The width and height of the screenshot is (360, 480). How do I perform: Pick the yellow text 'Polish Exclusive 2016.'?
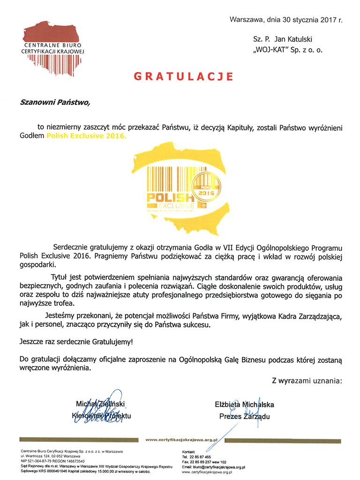click(86, 136)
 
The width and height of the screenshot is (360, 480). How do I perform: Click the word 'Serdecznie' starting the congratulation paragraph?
click(69, 247)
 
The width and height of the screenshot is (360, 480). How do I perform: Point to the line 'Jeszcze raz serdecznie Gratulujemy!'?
click(76, 342)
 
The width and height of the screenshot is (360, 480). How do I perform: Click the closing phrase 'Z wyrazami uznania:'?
click(307, 381)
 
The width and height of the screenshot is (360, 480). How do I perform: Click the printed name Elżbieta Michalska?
click(244, 405)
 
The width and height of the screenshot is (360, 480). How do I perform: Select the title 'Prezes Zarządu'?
click(244, 416)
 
